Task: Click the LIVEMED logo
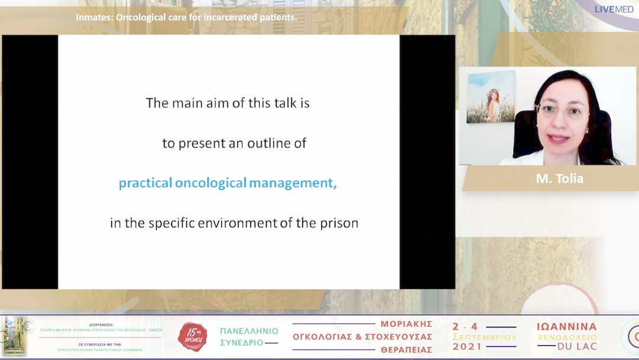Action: (x=614, y=9)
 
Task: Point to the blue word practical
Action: (x=146, y=183)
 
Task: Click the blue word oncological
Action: (x=211, y=183)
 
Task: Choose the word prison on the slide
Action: (x=339, y=223)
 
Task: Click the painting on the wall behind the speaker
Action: (x=490, y=97)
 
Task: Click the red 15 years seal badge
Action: (x=192, y=337)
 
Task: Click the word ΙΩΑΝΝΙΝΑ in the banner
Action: (x=566, y=327)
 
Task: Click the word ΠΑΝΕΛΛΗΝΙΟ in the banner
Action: (x=249, y=331)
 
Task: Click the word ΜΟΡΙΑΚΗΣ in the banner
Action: (x=406, y=324)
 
